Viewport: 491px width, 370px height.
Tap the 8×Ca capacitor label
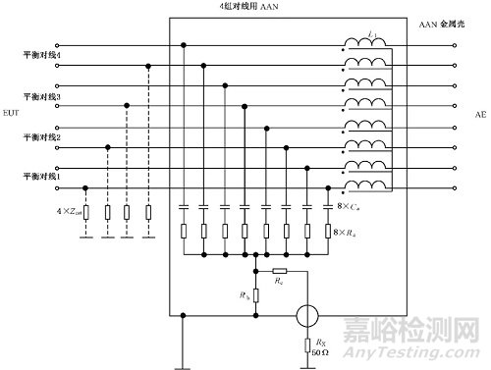tap(349, 207)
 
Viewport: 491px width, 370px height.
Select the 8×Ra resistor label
tap(349, 233)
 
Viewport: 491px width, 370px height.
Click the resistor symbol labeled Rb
tap(256, 294)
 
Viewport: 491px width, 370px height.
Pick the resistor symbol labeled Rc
tap(279, 269)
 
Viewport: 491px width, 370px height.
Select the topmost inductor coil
tap(363, 45)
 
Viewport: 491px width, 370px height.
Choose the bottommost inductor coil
tap(363, 186)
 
